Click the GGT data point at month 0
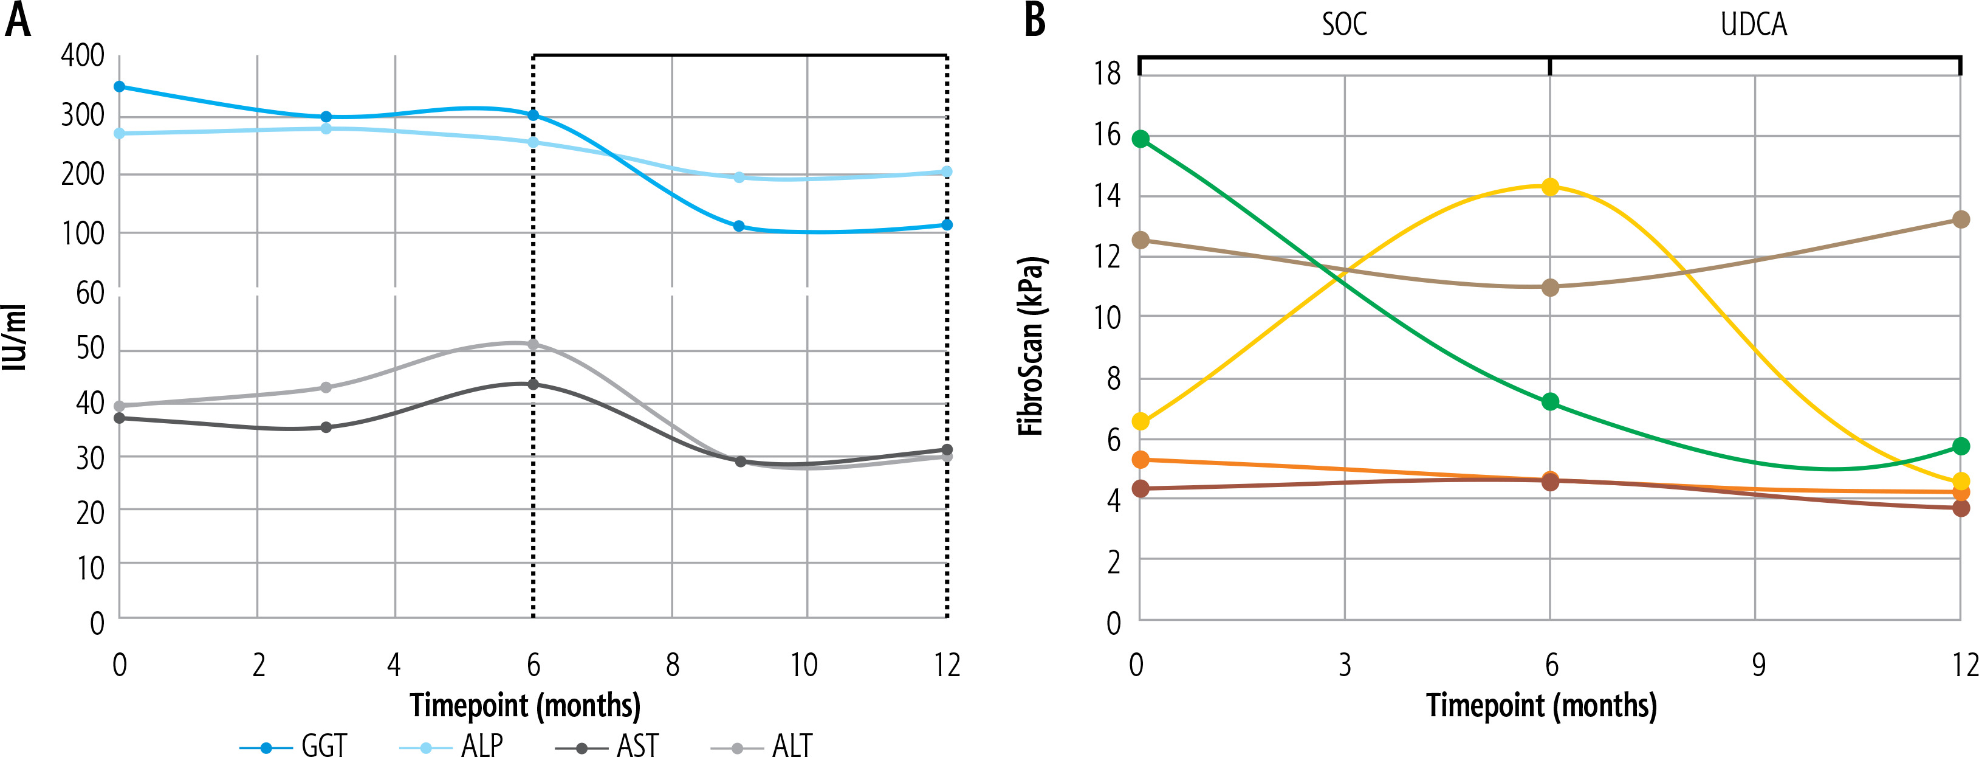click(x=119, y=87)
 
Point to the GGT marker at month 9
click(x=739, y=226)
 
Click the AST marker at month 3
click(x=326, y=427)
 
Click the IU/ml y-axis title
click(x=15, y=338)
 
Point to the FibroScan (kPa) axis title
click(x=1031, y=346)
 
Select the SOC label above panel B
click(x=1345, y=24)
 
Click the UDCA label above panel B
click(x=1754, y=24)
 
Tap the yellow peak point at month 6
click(x=1550, y=187)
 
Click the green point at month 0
click(x=1141, y=139)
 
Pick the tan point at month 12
click(x=1961, y=219)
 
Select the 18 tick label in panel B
click(x=1108, y=74)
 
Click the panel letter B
click(x=1035, y=21)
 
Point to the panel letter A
click(x=18, y=21)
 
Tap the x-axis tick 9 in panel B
click(x=1758, y=665)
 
